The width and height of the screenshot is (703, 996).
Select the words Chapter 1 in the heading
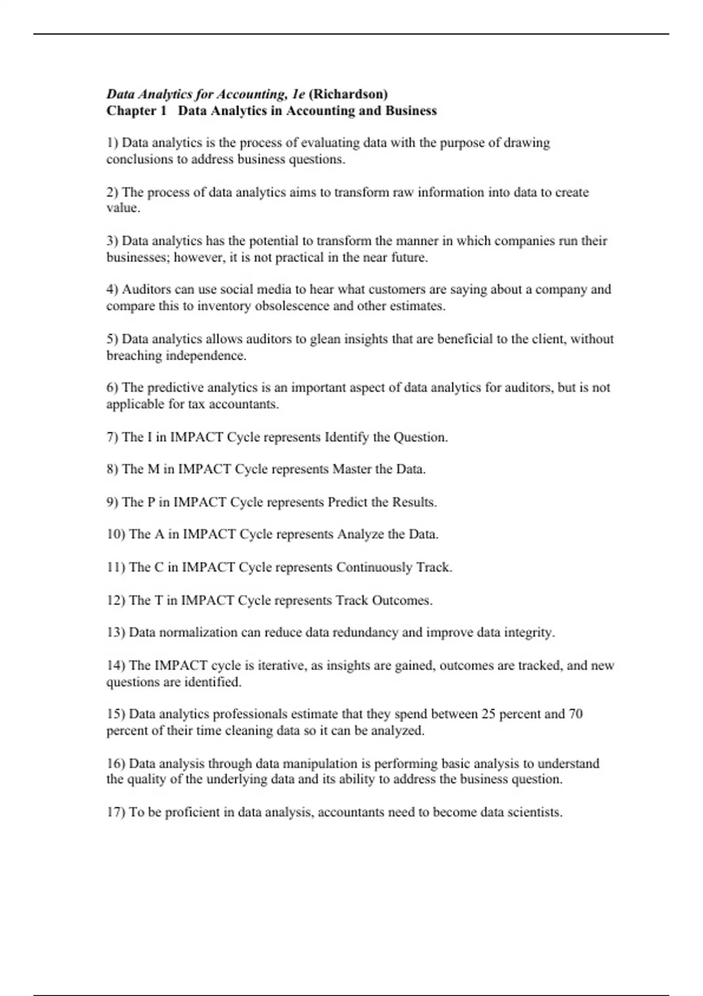tap(136, 111)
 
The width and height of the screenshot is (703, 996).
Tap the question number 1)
tap(112, 143)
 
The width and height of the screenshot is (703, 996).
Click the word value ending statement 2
tap(122, 208)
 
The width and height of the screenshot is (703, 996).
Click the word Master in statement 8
tap(352, 469)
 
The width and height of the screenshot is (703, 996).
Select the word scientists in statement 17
tap(533, 813)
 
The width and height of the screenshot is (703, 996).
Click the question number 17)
tap(115, 813)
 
